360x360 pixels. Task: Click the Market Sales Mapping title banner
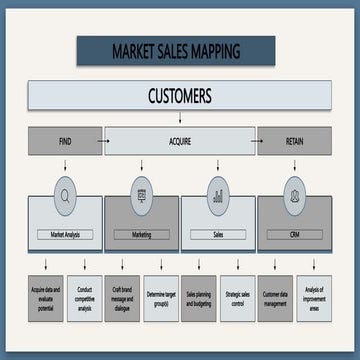coord(175,50)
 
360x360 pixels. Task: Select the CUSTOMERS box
coord(179,96)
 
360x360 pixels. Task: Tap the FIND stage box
coord(65,141)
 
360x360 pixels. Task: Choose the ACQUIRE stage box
coord(179,141)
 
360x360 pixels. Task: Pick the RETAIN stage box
coord(294,141)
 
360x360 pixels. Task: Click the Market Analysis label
coord(65,234)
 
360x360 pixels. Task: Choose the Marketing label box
coord(141,234)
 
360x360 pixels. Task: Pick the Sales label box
coord(218,234)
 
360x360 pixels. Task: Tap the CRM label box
coord(294,234)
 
